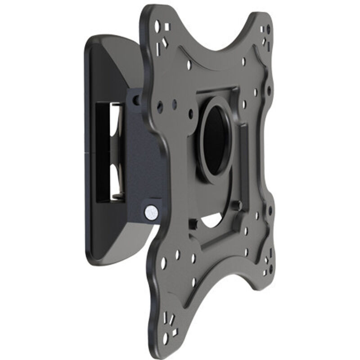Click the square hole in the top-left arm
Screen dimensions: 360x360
point(167,27)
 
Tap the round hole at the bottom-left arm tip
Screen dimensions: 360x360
point(165,337)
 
